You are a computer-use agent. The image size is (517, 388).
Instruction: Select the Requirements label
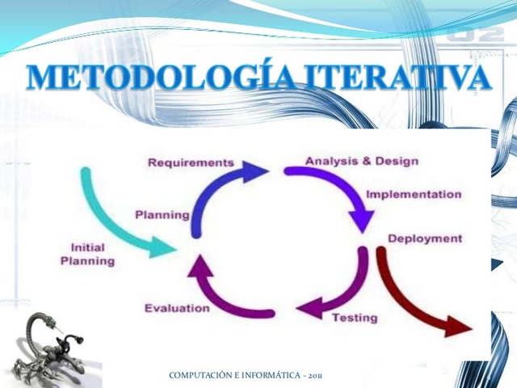(x=191, y=162)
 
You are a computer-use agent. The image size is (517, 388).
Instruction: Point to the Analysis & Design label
(x=361, y=161)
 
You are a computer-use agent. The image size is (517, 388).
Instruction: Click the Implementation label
(x=414, y=195)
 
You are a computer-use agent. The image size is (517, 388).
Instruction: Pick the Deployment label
(x=425, y=238)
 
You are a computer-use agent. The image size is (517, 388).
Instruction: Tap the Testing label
(x=355, y=318)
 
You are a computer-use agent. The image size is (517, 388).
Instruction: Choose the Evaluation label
(x=177, y=308)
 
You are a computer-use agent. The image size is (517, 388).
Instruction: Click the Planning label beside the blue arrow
(x=162, y=215)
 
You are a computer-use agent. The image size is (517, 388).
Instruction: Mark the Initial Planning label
(x=87, y=255)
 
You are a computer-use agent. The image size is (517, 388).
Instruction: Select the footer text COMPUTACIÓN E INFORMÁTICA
(x=234, y=377)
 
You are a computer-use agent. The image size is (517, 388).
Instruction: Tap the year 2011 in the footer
(x=314, y=377)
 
